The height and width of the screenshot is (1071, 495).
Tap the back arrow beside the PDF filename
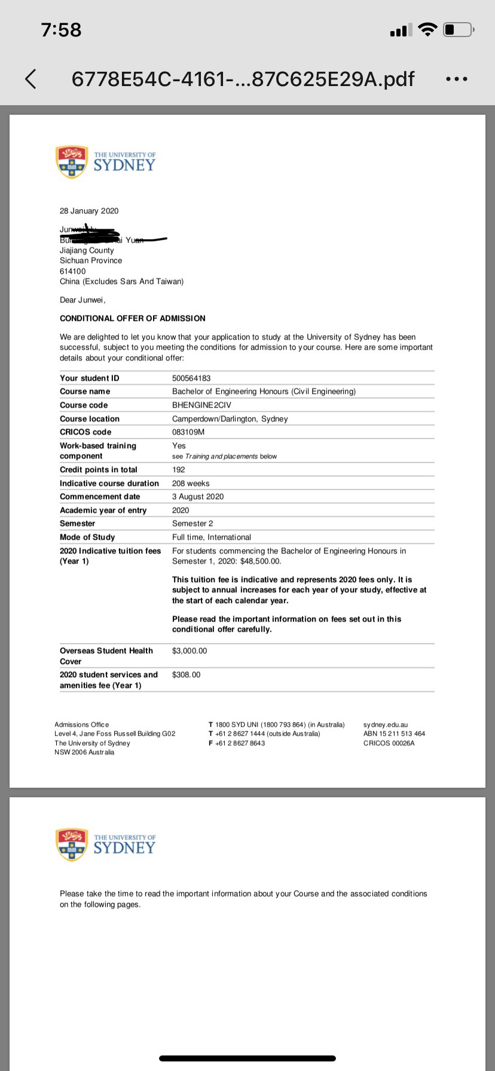[x=30, y=78]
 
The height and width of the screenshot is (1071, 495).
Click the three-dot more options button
[x=457, y=79]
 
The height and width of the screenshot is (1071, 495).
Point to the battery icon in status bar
[x=459, y=29]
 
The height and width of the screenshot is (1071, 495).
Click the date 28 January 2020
[x=89, y=211]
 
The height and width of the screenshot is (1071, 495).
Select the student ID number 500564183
[x=191, y=378]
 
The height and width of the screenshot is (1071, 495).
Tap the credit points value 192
[x=179, y=470]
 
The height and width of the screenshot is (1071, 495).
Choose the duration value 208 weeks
[x=191, y=484]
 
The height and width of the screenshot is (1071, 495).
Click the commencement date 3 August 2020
[x=198, y=497]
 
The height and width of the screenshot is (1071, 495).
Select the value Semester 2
[x=192, y=524]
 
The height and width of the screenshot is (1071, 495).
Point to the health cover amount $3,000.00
[x=190, y=651]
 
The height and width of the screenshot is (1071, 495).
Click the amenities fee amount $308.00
[x=187, y=675]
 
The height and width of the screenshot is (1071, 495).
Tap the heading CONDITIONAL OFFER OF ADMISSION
[x=133, y=319]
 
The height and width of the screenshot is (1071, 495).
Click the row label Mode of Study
[x=87, y=537]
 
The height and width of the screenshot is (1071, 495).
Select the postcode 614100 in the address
[x=73, y=271]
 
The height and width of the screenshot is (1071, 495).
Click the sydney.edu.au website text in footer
[x=386, y=724]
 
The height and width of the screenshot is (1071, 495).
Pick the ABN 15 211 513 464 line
[x=394, y=734]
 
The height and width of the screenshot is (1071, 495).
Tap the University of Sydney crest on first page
[x=71, y=161]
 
